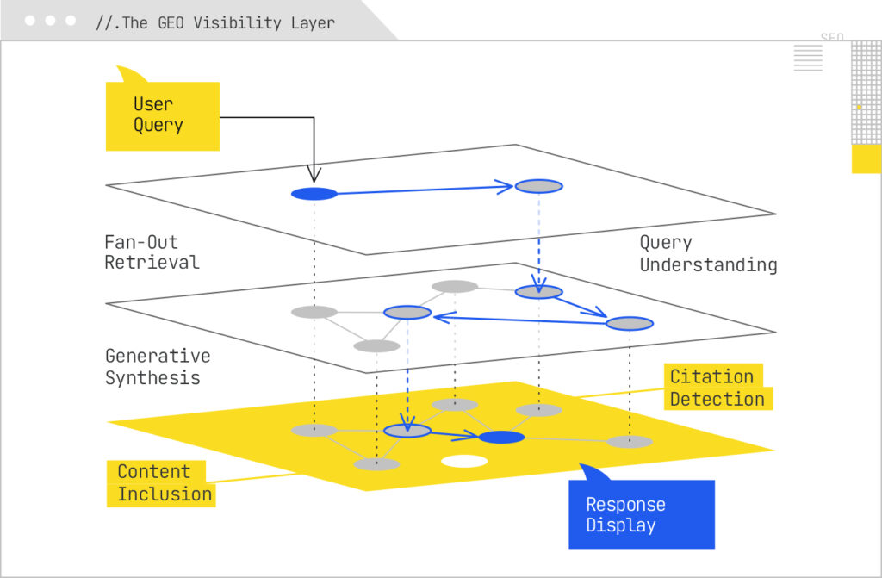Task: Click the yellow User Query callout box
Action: coord(162,115)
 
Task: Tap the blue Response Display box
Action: coord(642,514)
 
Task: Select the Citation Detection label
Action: coord(717,388)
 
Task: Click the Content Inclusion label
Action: coord(164,482)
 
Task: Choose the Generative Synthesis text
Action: coord(157,367)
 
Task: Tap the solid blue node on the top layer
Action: coord(314,194)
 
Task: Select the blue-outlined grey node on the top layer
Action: coord(538,186)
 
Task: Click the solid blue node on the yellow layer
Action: coord(501,438)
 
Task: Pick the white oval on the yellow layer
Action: coord(464,462)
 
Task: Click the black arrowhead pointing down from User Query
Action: coord(314,175)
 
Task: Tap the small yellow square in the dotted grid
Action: coord(859,107)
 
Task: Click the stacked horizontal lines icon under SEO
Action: coord(808,59)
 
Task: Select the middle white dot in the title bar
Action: coord(51,21)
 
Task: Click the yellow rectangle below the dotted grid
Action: coord(866,158)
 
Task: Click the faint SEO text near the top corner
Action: coord(831,38)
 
